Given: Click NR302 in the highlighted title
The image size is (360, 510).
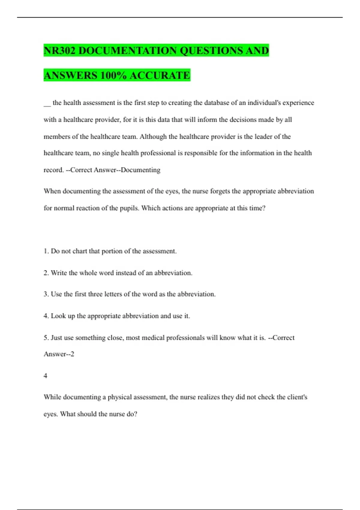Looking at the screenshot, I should pyautogui.click(x=59, y=50).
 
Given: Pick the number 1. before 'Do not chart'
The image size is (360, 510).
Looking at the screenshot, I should pyautogui.click(x=46, y=251).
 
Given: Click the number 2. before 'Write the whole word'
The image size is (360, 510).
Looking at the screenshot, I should pyautogui.click(x=46, y=273).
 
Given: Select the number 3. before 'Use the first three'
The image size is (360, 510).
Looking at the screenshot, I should pyautogui.click(x=46, y=294).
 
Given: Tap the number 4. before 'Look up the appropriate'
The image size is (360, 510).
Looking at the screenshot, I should pyautogui.click(x=46, y=316).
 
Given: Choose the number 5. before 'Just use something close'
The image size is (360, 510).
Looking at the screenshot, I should pyautogui.click(x=46, y=338).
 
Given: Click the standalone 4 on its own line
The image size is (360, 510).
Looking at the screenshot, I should pyautogui.click(x=46, y=376).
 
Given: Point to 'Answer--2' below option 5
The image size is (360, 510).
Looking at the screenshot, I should pyautogui.click(x=59, y=354).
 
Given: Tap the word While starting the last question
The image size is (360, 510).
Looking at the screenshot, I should pyautogui.click(x=52, y=397).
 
